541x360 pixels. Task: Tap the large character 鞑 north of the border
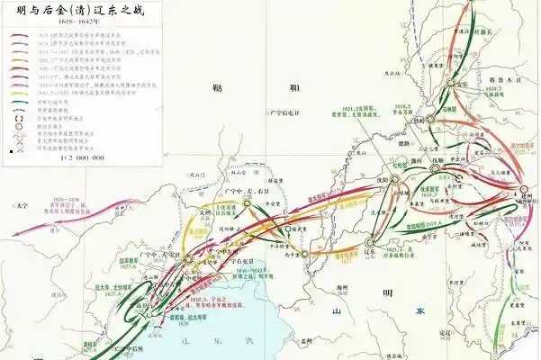pyautogui.click(x=214, y=87)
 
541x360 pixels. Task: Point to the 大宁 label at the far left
pyautogui.click(x=22, y=206)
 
